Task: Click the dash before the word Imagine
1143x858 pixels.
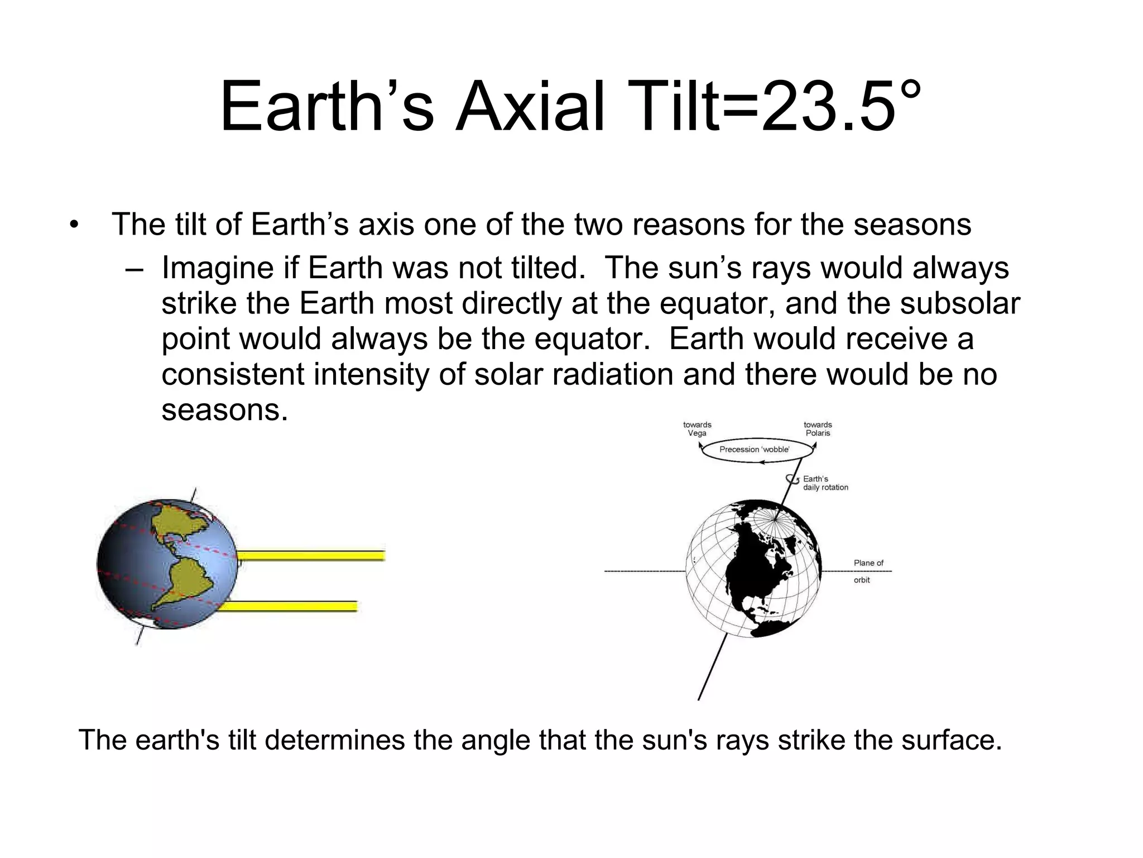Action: [x=134, y=270]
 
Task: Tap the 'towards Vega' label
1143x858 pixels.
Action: [x=697, y=429]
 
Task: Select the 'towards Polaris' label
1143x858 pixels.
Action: [x=818, y=429]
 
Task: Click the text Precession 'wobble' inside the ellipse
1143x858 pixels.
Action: [x=755, y=449]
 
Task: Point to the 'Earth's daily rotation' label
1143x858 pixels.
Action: [x=825, y=483]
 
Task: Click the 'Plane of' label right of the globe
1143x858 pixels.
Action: [x=868, y=563]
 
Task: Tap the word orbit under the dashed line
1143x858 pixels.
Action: [x=862, y=580]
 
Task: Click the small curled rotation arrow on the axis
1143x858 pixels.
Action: [x=791, y=479]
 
